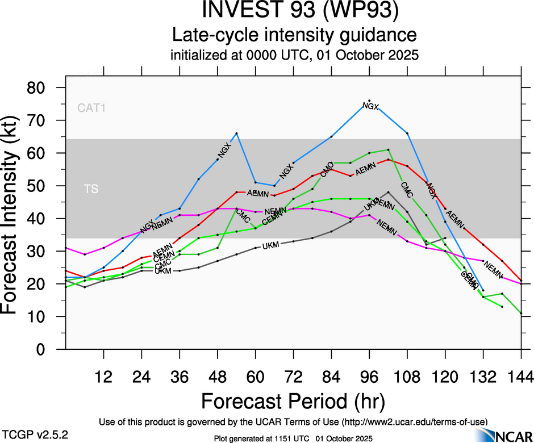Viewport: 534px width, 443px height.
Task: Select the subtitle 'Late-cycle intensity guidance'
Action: pyautogui.click(x=294, y=35)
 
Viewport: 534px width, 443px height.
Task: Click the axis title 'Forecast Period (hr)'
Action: pyautogui.click(x=293, y=401)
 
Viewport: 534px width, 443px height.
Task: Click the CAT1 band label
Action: pyautogui.click(x=91, y=107)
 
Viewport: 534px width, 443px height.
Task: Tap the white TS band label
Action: pyautogui.click(x=91, y=189)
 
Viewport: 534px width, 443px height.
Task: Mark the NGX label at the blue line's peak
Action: pyautogui.click(x=370, y=106)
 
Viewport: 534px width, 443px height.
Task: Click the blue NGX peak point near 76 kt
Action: pyautogui.click(x=369, y=101)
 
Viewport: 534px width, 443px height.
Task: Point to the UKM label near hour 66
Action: pyautogui.click(x=272, y=245)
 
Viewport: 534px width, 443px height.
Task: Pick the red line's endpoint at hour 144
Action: pyautogui.click(x=521, y=281)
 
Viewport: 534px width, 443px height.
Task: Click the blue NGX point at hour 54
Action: pyautogui.click(x=236, y=133)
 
